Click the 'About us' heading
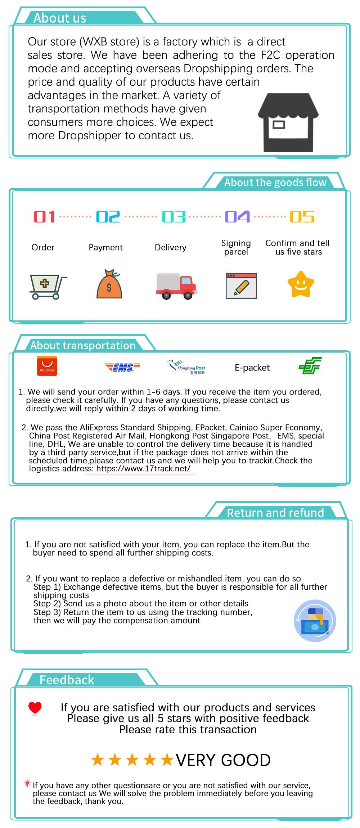click(x=60, y=18)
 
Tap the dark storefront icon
click(x=288, y=122)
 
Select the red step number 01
click(x=44, y=217)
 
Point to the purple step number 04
click(x=237, y=217)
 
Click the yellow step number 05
click(x=302, y=217)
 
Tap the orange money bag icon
click(x=109, y=284)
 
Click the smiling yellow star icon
click(x=301, y=284)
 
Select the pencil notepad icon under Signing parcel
click(x=241, y=286)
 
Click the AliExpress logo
click(x=47, y=366)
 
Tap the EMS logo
click(x=122, y=367)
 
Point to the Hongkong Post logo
click(x=186, y=367)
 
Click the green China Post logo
click(x=310, y=366)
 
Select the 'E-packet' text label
click(x=252, y=368)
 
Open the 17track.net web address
click(x=143, y=469)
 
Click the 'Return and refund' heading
click(x=275, y=513)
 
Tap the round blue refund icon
click(x=315, y=621)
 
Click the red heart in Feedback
click(x=35, y=708)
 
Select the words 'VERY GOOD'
click(x=223, y=760)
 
